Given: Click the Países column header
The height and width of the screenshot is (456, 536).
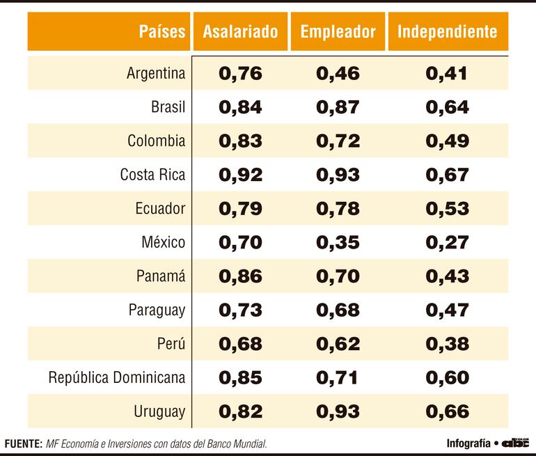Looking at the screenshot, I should [161, 31].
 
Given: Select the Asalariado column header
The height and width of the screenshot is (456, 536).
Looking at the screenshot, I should [240, 31].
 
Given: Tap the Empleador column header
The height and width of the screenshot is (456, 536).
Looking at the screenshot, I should [338, 31].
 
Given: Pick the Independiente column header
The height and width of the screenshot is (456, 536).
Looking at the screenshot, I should [447, 31].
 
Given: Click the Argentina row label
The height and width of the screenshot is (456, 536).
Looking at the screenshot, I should [156, 73].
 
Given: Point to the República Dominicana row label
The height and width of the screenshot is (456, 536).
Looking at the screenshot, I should [117, 377].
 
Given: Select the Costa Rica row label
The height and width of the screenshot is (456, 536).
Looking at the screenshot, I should [152, 175].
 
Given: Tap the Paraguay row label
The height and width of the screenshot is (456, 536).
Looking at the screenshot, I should [157, 310].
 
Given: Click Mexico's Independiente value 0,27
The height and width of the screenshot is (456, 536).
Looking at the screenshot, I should [447, 242].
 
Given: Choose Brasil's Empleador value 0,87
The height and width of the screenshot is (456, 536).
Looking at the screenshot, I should [338, 107].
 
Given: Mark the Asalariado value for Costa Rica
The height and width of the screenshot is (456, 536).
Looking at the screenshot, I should [240, 175].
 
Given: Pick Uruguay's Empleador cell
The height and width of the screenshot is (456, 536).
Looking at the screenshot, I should [338, 411].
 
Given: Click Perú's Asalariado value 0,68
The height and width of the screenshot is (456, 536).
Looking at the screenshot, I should [240, 344].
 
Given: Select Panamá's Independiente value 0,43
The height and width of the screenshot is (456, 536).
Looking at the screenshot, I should [447, 276].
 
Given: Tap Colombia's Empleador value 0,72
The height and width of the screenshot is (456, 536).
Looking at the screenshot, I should [338, 141].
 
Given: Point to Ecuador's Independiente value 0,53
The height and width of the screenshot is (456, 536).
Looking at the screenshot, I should [447, 209].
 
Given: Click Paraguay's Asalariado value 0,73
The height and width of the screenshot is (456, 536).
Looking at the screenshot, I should [240, 310].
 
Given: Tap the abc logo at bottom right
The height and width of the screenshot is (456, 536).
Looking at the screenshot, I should [516, 443].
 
